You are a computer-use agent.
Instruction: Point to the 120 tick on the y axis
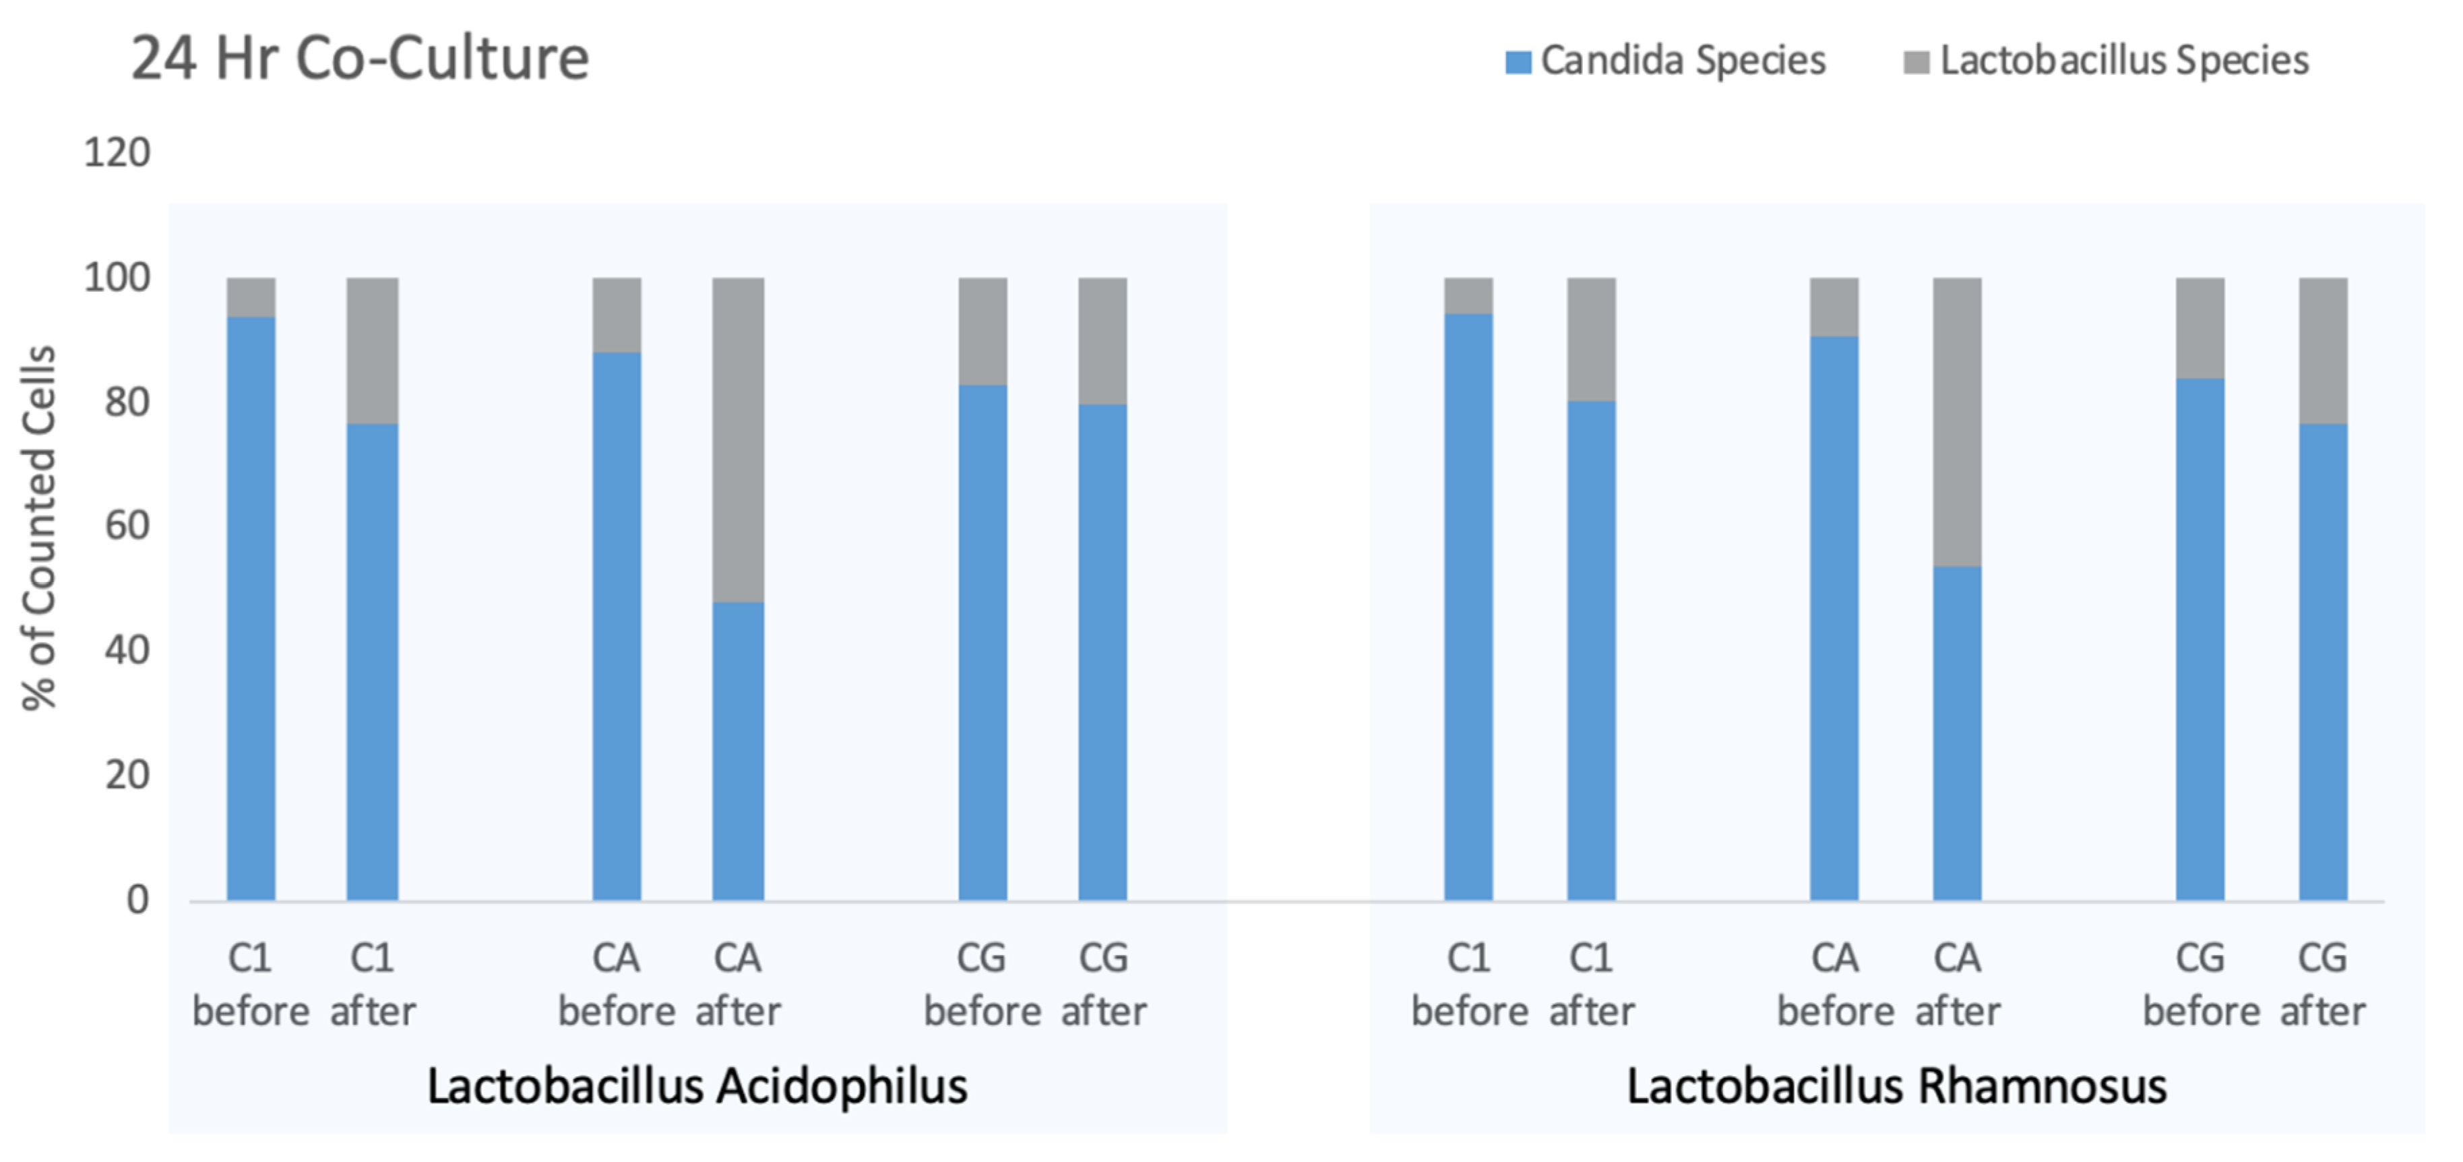117,153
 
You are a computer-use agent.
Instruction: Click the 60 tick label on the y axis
127,526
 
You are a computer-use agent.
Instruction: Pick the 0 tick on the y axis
137,900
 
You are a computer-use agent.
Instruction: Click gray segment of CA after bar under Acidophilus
738,440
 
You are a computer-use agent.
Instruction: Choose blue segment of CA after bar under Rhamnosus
1957,733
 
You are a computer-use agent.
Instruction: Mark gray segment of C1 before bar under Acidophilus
251,297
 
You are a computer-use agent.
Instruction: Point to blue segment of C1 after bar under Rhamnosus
1591,650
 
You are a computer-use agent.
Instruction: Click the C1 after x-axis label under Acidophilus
373,984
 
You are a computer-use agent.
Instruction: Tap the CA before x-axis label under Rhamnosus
1835,984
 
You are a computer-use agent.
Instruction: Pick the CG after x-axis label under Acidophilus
1103,984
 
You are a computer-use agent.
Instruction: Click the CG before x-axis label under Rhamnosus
2200,984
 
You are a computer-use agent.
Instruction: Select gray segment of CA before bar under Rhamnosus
1834,307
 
